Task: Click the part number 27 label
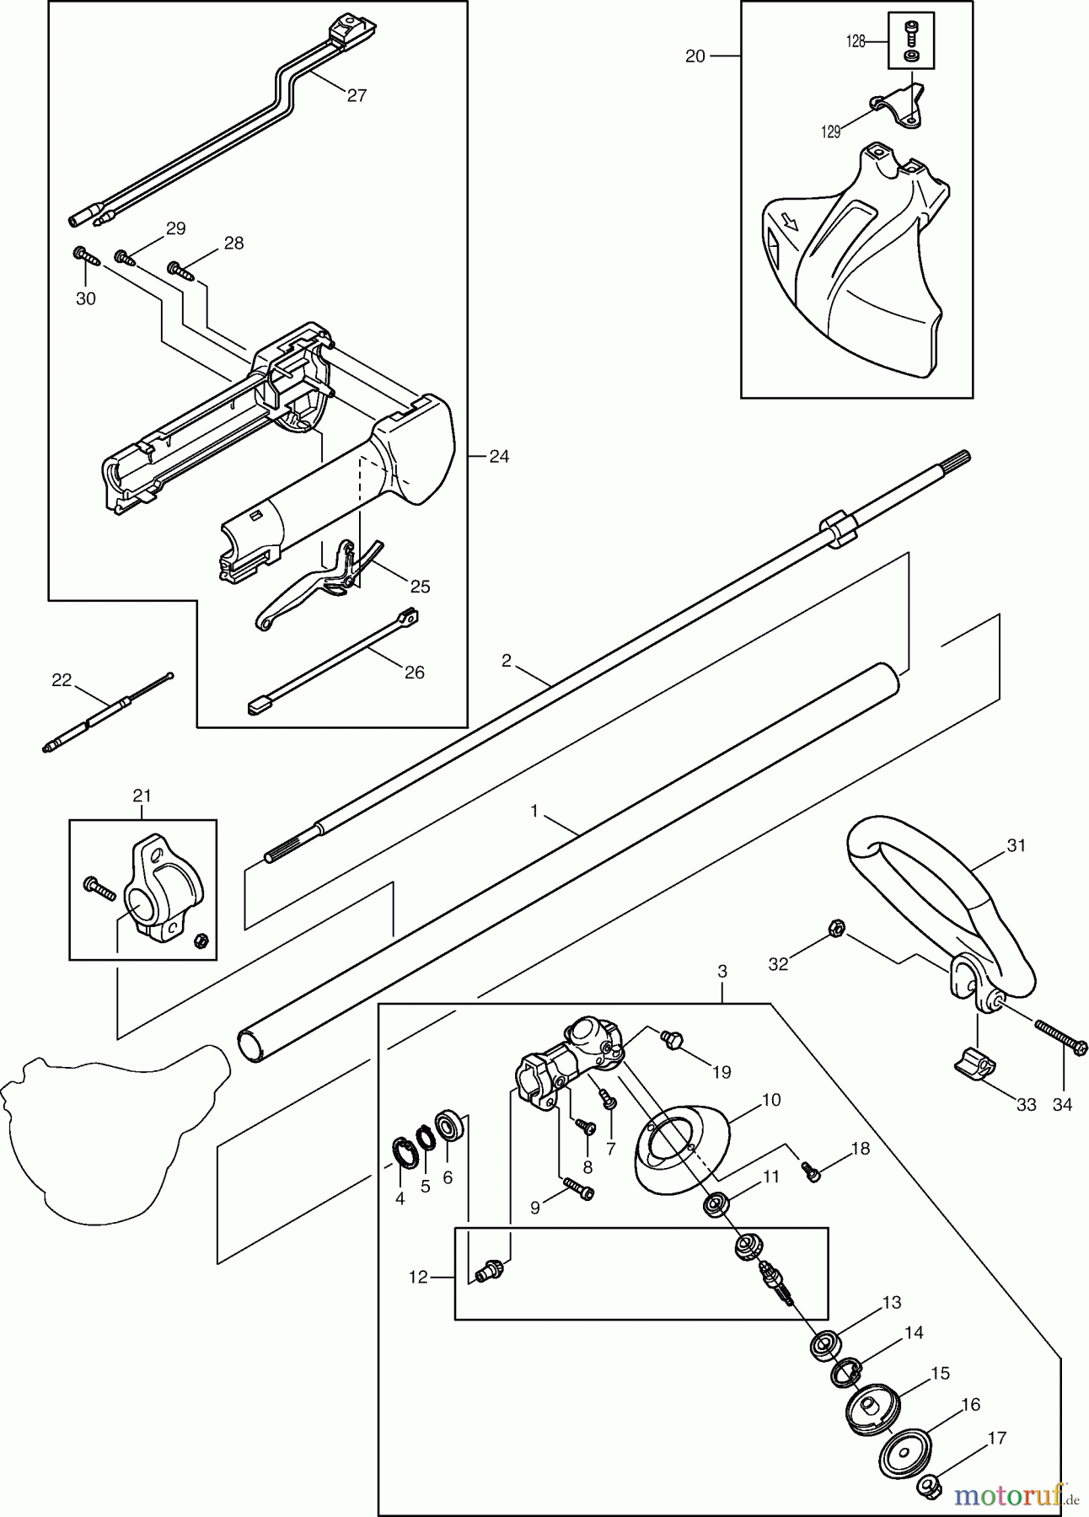(x=357, y=95)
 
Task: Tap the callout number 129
(x=831, y=132)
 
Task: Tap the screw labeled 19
(x=673, y=1039)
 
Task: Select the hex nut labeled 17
(x=930, y=1485)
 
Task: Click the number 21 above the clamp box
(x=142, y=795)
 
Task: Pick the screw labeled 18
(x=811, y=1171)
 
